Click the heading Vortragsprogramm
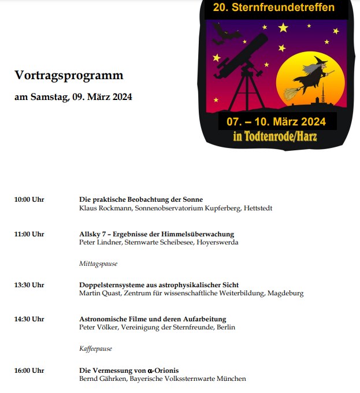[69, 76]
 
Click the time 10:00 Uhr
[29, 200]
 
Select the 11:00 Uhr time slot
[29, 234]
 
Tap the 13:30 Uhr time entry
[29, 285]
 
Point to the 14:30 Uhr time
[29, 319]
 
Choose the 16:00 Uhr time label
[29, 370]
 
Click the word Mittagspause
[98, 264]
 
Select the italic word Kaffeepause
[95, 349]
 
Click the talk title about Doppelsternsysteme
[159, 285]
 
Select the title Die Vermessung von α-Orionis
[129, 370]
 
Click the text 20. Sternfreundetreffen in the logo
[274, 8]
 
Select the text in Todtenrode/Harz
[274, 137]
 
